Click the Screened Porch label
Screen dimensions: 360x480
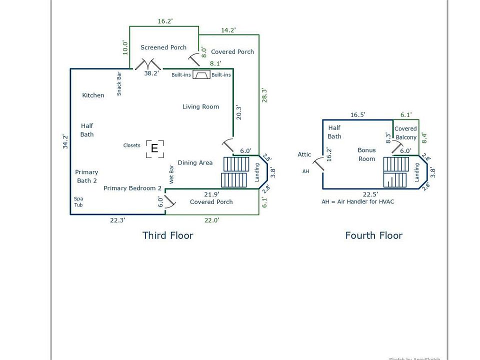pos(163,47)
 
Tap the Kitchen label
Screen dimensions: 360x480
pos(93,95)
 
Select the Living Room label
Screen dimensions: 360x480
pos(200,106)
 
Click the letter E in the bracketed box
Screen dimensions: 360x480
pos(154,148)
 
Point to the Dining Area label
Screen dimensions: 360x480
pos(195,162)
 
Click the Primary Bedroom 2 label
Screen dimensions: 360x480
pos(132,188)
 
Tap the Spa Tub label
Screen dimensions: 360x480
pos(78,201)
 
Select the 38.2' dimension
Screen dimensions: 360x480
pos(151,73)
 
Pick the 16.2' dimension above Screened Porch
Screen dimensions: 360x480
pos(165,21)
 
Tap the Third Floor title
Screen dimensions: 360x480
pos(167,235)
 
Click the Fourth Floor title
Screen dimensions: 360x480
pos(373,235)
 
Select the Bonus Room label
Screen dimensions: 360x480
pos(366,154)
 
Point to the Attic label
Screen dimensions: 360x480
pos(304,154)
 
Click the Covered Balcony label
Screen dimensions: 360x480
pos(405,133)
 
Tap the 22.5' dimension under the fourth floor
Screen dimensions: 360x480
pos(370,194)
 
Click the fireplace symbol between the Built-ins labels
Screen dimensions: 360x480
pos(201,75)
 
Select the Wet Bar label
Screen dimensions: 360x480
pos(171,174)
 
